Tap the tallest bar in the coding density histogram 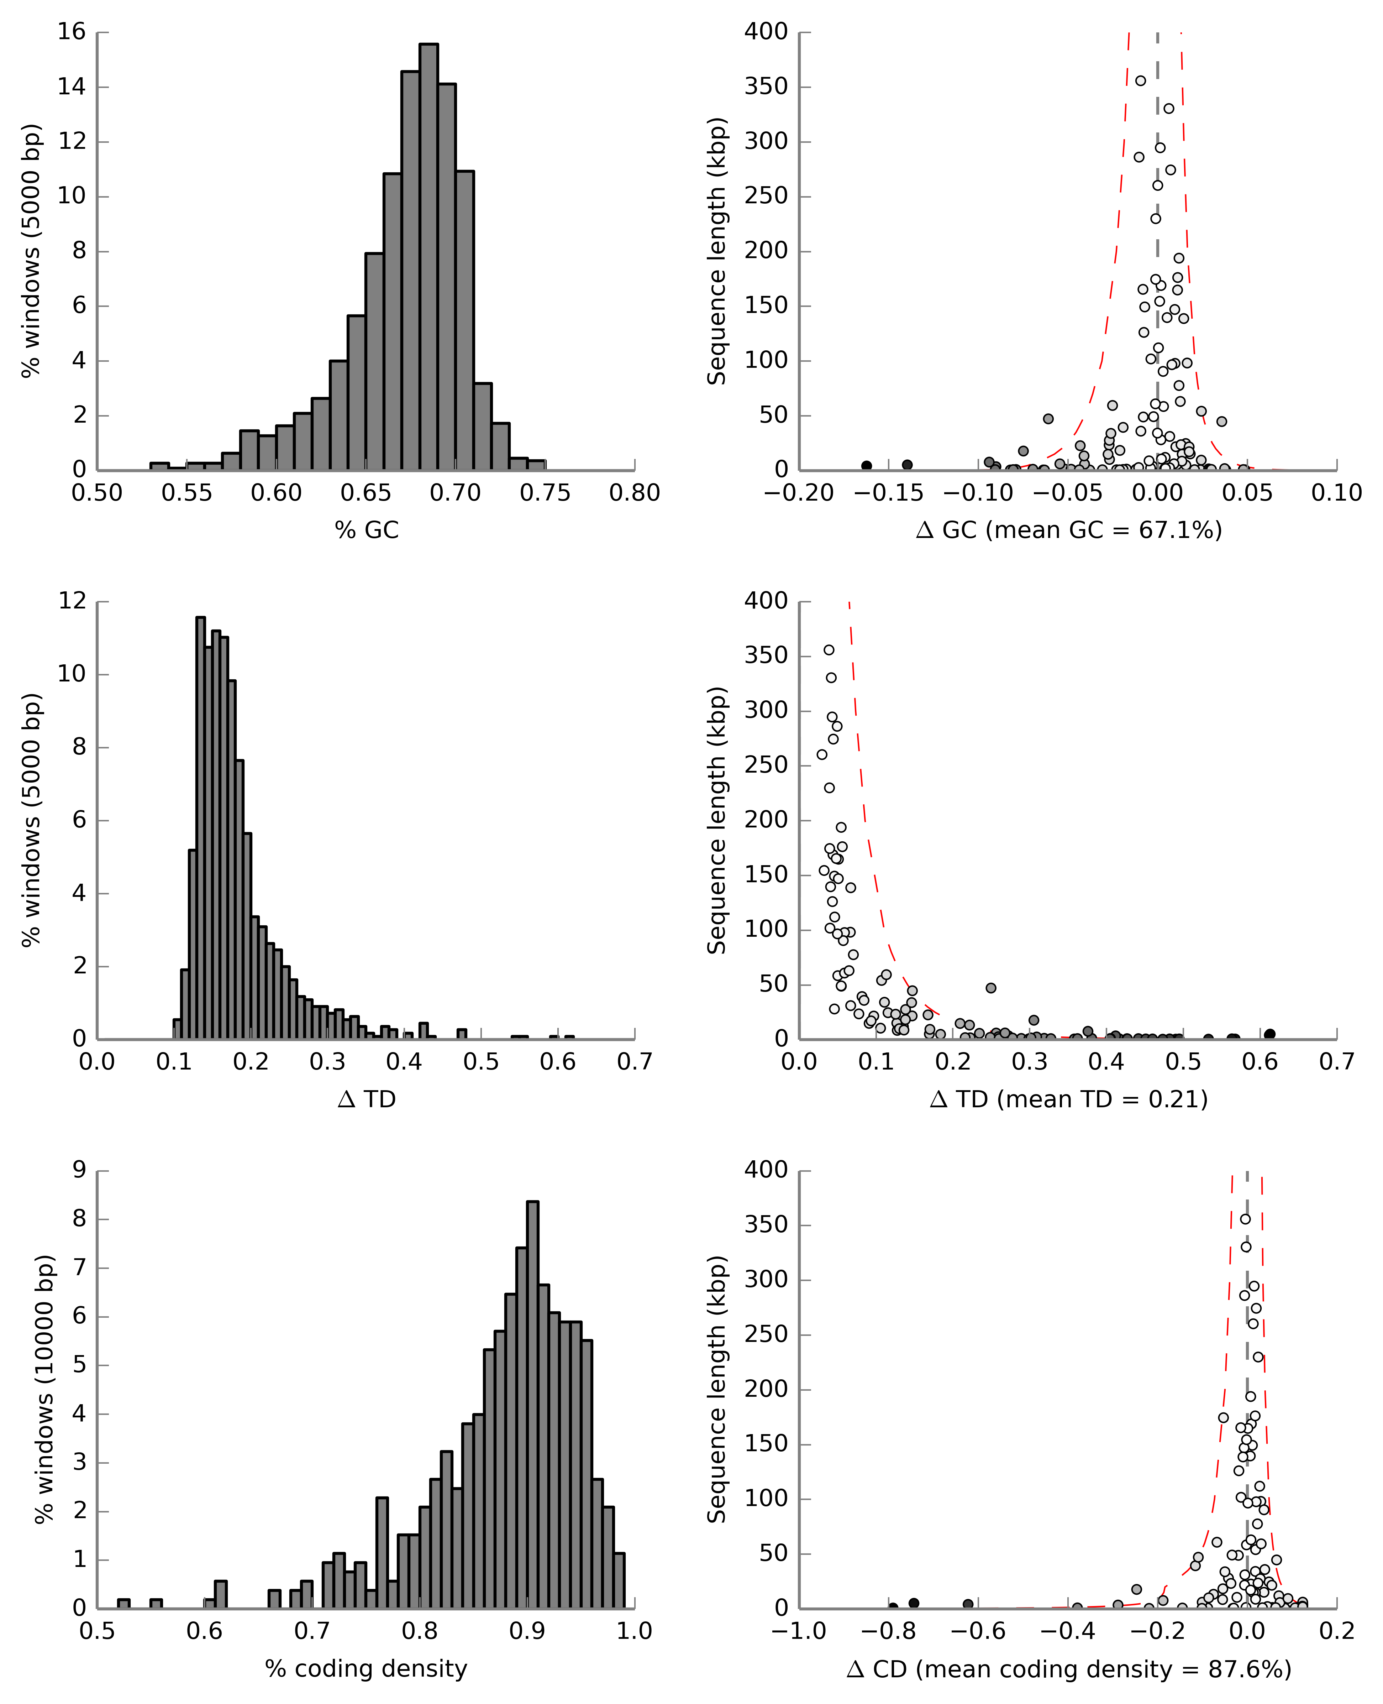(x=533, y=1404)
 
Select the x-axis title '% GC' (x=367, y=530)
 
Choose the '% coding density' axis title (x=367, y=1669)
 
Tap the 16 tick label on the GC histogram (x=71, y=32)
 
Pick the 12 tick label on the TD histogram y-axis (x=71, y=601)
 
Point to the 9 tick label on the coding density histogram (x=79, y=1170)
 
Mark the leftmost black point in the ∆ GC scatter (x=867, y=465)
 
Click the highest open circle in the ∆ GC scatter (x=1141, y=80)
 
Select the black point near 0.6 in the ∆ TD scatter (x=1270, y=1034)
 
